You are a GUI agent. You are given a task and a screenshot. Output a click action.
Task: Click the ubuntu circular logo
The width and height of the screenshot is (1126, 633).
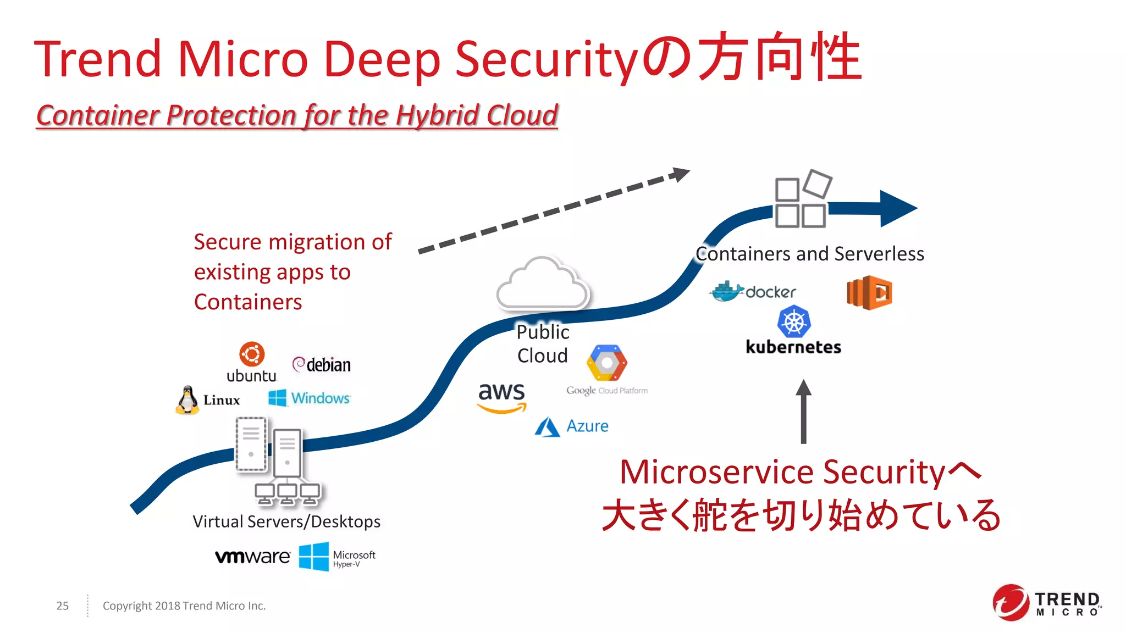252,354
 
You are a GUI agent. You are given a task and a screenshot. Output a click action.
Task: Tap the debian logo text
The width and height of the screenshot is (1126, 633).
328,365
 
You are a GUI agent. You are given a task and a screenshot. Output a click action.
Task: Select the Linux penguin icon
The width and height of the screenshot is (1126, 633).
187,399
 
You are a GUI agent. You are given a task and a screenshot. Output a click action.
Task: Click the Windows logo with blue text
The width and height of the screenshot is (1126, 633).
309,398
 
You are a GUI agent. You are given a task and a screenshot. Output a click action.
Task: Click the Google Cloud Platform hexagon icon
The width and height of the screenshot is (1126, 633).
606,363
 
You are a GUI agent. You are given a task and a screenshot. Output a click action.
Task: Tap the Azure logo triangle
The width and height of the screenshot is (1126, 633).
547,427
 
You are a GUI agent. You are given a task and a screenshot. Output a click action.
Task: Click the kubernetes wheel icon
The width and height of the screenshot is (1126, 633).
794,322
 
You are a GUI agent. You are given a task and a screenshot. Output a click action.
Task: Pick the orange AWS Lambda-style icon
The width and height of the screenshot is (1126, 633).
869,292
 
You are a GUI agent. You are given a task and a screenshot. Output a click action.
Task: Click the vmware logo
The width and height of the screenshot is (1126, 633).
252,557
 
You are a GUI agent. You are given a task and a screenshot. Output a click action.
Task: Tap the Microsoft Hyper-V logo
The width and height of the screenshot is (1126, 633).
337,557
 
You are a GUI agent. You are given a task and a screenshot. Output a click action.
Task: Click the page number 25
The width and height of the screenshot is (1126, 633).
62,606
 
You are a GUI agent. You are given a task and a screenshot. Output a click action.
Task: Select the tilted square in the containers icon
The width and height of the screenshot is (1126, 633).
818,184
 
